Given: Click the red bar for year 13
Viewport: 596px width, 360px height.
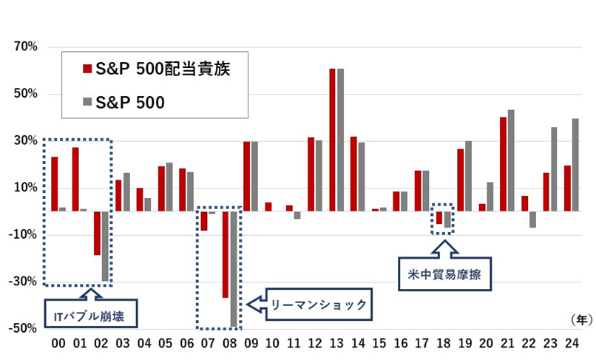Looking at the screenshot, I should point(333,140).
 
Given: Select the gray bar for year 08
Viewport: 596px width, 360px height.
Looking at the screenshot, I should point(234,269).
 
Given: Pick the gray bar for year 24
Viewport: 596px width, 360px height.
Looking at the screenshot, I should point(575,165).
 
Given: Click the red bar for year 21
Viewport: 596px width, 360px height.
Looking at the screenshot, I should point(503,164).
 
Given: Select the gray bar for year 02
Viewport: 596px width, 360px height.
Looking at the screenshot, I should point(105,246).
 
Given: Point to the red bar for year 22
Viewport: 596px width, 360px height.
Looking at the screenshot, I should point(524,204).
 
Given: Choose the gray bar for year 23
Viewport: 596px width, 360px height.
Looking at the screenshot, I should point(553,169).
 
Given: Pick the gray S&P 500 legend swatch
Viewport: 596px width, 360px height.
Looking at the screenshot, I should point(87,103).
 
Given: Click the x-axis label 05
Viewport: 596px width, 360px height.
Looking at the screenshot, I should point(166,345).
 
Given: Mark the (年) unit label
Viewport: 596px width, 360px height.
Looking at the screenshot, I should point(580,319).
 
